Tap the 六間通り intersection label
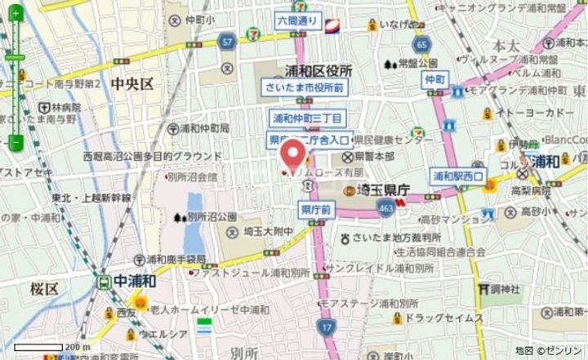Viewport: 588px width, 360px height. tap(296, 21)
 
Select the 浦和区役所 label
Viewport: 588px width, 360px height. tap(318, 71)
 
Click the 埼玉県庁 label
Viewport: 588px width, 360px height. tap(384, 190)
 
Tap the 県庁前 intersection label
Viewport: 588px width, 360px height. tap(316, 210)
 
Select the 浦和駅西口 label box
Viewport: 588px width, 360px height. tap(459, 175)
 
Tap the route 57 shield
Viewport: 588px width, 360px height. tap(227, 41)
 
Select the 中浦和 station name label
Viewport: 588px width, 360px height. tap(135, 281)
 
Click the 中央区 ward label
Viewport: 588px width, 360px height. tap(132, 83)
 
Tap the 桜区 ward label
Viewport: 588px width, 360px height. tap(45, 288)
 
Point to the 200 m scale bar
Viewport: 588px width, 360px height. tap(49, 347)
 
